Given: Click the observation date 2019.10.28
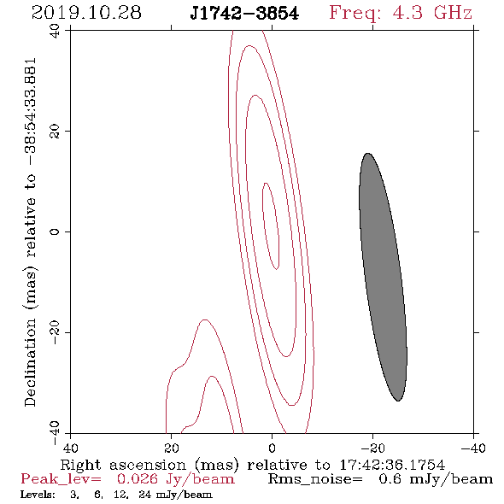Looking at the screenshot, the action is click(86, 13).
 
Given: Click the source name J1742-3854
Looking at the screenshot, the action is click(244, 14).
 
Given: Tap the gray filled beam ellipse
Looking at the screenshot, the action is click(383, 277).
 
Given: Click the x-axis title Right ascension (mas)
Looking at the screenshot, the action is click(149, 465).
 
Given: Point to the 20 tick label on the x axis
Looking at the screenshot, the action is click(172, 448).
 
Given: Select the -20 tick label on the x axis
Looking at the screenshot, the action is click(372, 448).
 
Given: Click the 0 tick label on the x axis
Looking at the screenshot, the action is click(272, 448).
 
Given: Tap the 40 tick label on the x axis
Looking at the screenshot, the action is click(70, 448).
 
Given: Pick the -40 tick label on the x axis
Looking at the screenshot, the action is click(473, 448).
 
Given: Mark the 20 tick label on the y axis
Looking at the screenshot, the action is click(55, 132).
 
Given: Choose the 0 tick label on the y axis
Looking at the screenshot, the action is click(55, 231).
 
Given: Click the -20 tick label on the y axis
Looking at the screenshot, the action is click(55, 332).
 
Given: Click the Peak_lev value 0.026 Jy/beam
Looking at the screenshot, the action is click(175, 479).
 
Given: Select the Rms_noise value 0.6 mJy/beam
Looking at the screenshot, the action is click(436, 479).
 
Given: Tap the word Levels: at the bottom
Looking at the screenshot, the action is click(38, 495).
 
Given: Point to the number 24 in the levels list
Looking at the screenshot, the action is click(144, 495).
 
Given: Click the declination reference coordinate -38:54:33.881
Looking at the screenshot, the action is click(31, 112).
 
